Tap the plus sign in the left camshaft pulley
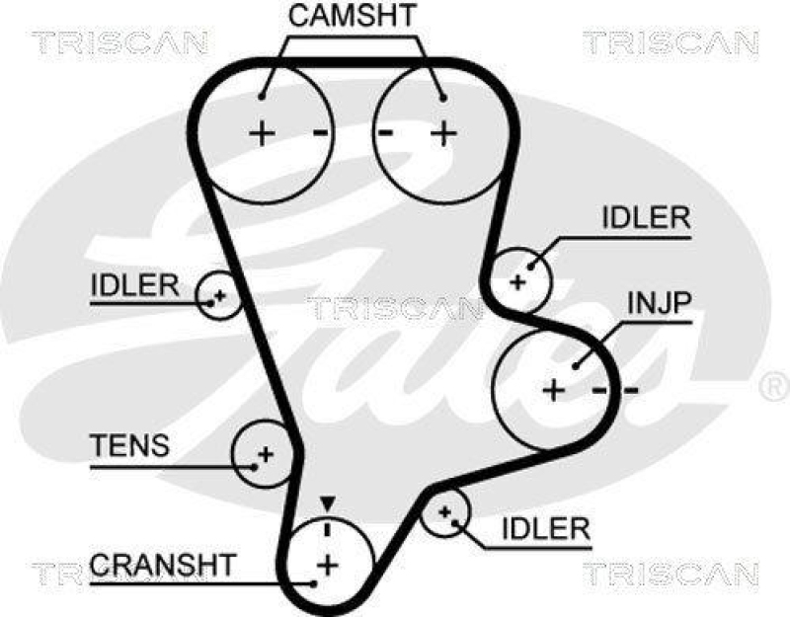click(263, 131)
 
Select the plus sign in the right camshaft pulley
click(443, 131)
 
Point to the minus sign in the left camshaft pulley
click(319, 131)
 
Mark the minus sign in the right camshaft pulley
click(387, 131)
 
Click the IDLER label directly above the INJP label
click(645, 219)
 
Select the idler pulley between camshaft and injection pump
click(519, 277)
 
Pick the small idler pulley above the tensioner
click(218, 294)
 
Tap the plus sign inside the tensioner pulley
click(264, 454)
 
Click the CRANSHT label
click(163, 565)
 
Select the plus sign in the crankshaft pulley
click(326, 565)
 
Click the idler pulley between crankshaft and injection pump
click(445, 512)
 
